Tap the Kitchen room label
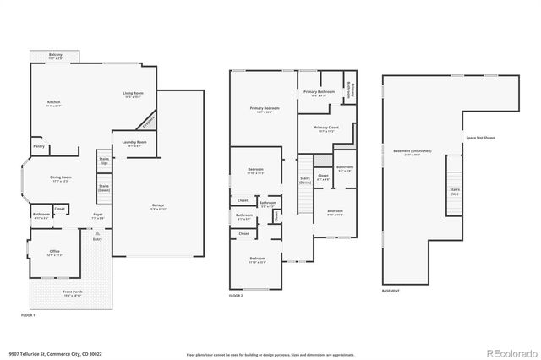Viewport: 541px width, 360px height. click(x=53, y=104)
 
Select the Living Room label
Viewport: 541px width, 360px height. click(x=133, y=95)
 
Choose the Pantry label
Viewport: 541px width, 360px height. click(x=39, y=147)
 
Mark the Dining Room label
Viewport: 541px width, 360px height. click(x=61, y=179)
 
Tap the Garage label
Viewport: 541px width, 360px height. click(x=157, y=206)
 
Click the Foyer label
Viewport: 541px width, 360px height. click(x=97, y=215)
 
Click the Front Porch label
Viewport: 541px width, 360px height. click(x=73, y=293)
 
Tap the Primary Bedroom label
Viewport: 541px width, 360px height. click(x=264, y=110)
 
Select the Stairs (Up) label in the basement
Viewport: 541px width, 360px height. click(x=455, y=192)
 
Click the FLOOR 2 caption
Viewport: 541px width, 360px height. click(x=236, y=296)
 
